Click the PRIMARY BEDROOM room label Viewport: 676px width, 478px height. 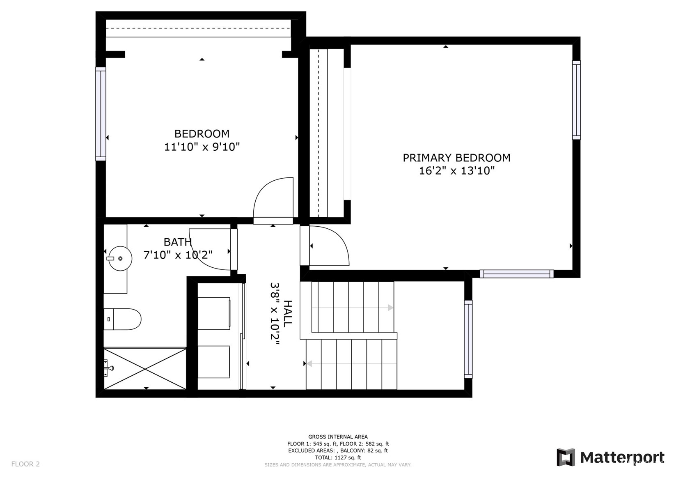(x=456, y=158)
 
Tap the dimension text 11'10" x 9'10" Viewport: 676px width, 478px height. (x=202, y=147)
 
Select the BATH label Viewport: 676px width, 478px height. (x=177, y=242)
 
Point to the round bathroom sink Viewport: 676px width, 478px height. (x=120, y=258)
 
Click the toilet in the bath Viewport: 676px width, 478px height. (x=123, y=319)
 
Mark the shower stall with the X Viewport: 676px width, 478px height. (x=145, y=369)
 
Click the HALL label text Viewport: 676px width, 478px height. (x=288, y=314)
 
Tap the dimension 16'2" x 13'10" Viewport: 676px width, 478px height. (x=456, y=171)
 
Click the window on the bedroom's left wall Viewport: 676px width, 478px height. (x=101, y=114)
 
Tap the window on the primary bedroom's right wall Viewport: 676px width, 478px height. (x=576, y=100)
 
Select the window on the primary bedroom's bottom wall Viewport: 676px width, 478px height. (x=517, y=274)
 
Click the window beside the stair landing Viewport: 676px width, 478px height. (x=468, y=339)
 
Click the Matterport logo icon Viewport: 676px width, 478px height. (x=566, y=458)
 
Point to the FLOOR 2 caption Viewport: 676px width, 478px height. (x=25, y=464)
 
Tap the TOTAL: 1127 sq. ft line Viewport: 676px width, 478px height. (x=338, y=458)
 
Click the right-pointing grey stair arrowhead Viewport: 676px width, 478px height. (x=390, y=308)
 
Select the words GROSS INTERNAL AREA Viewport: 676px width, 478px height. (x=338, y=437)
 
